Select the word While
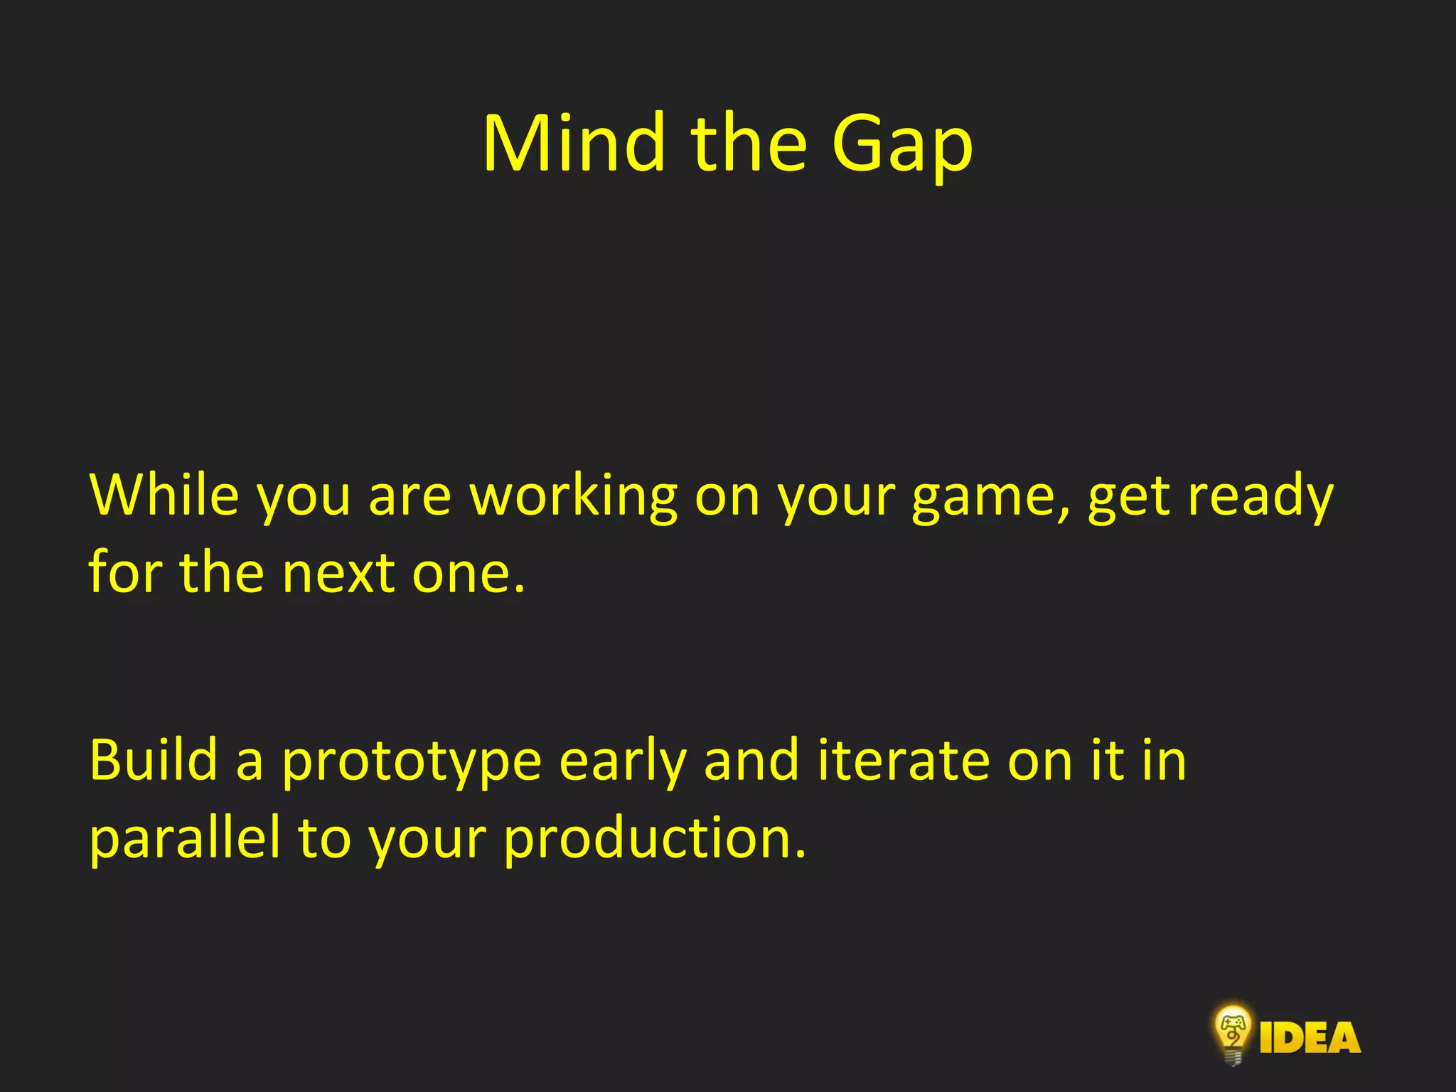[x=164, y=495]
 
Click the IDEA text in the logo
[x=1310, y=1038]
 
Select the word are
[x=409, y=496]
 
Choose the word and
[x=751, y=760]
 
